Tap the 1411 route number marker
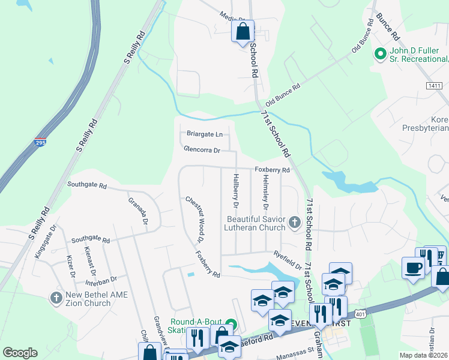pyautogui.click(x=435, y=86)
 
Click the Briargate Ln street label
pyautogui.click(x=204, y=134)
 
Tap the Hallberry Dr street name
pyautogui.click(x=237, y=191)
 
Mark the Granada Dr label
pyautogui.click(x=137, y=210)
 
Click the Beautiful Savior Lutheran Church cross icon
pyautogui.click(x=294, y=223)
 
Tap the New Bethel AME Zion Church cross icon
pyautogui.click(x=56, y=298)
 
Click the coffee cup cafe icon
pyautogui.click(x=412, y=268)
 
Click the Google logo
pyautogui.click(x=20, y=352)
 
